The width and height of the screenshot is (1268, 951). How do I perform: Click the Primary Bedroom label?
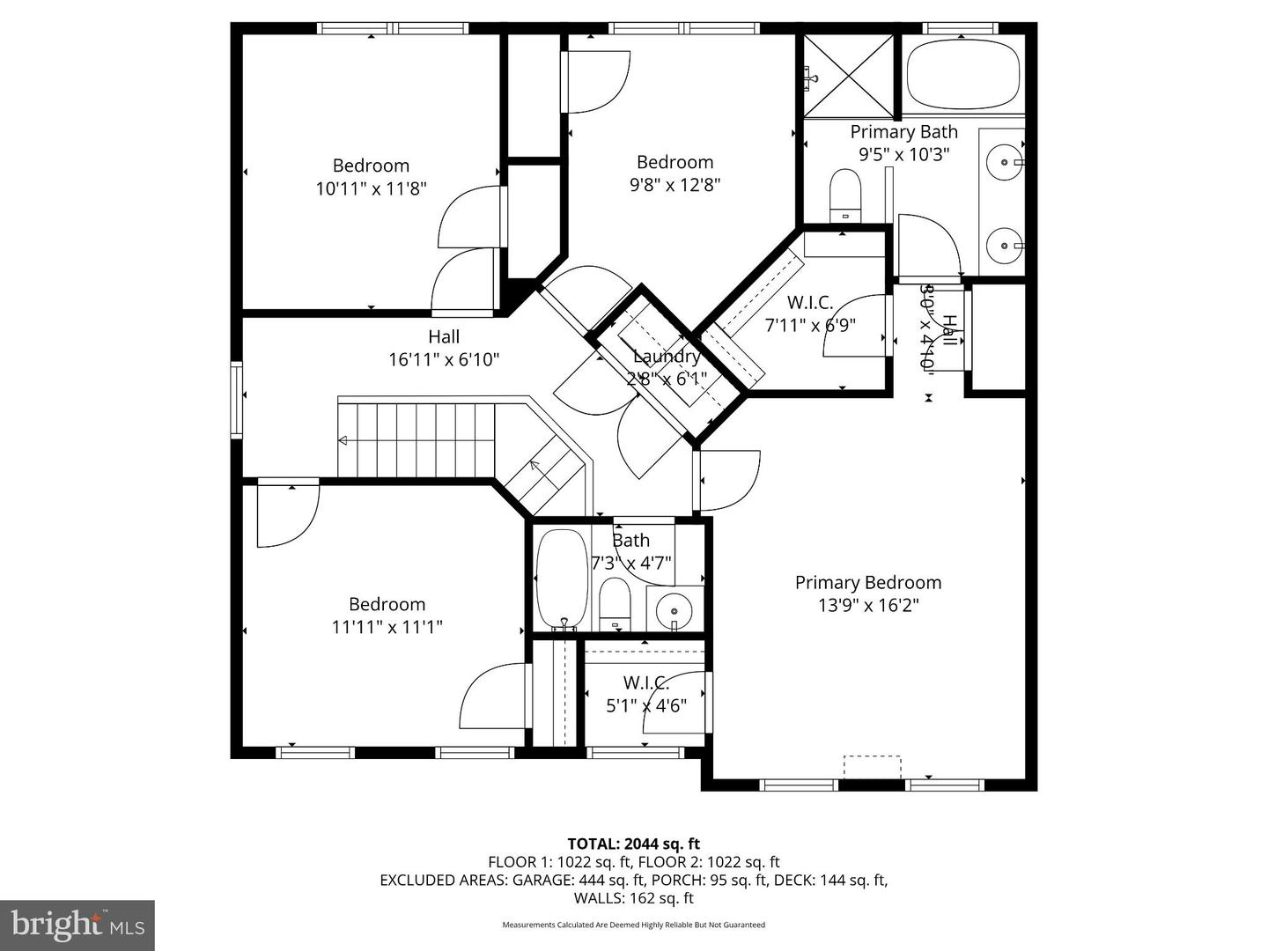pos(867,582)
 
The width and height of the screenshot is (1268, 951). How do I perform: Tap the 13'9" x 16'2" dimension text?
pos(867,606)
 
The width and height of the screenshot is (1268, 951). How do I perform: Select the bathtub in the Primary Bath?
pos(962,75)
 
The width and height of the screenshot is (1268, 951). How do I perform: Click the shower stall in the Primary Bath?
pos(849,76)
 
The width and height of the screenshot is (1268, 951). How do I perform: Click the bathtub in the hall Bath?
pos(561,578)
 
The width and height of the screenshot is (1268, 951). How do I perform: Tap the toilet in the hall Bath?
pos(615,604)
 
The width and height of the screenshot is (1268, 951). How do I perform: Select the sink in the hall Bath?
pos(675,609)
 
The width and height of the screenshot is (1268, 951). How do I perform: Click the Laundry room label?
pos(667,357)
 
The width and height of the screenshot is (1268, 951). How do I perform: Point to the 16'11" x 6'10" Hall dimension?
pos(444,359)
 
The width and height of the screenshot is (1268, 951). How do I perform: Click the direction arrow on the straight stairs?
pos(343,440)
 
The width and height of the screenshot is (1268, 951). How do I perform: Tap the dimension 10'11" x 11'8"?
pos(371,188)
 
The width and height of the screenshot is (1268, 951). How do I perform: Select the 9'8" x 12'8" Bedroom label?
pos(675,162)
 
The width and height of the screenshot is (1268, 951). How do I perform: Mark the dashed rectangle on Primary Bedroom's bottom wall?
pos(872,766)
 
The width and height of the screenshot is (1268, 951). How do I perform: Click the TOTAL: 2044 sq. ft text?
pos(633,844)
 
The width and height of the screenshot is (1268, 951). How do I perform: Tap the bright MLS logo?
pos(77,925)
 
